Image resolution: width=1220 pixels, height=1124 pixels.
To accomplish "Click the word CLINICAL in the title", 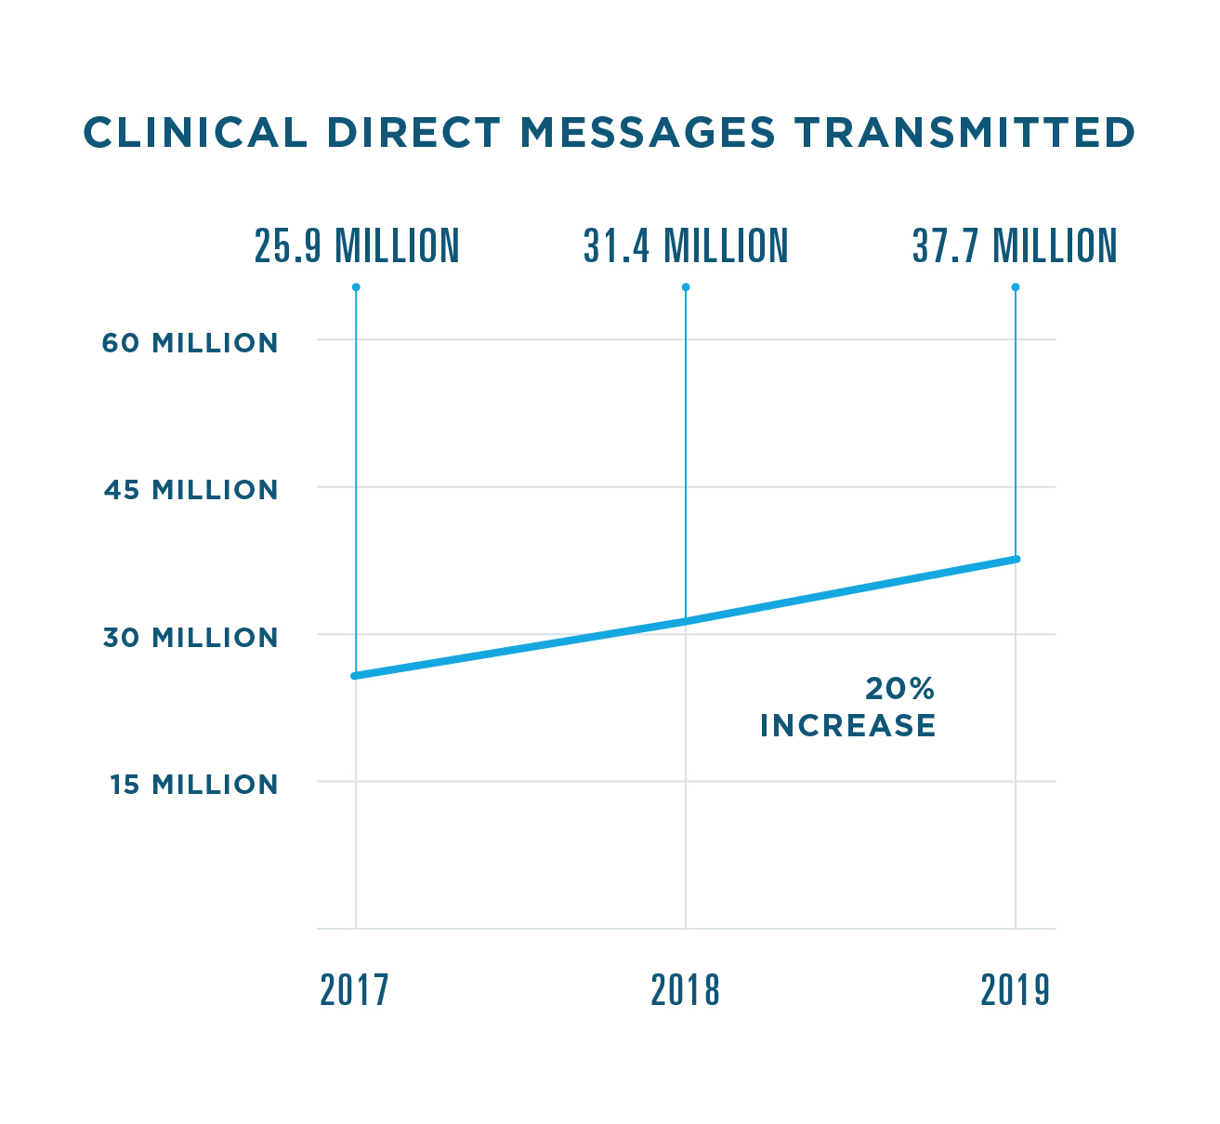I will click(195, 133).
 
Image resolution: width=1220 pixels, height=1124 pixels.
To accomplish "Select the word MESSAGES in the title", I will click(648, 133).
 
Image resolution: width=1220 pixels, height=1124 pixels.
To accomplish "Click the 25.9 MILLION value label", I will click(357, 246).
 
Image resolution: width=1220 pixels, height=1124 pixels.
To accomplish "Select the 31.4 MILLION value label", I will click(686, 246).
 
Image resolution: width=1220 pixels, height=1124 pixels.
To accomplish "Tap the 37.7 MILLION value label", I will click(1015, 246).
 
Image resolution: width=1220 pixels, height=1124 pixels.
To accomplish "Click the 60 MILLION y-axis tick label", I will click(190, 343).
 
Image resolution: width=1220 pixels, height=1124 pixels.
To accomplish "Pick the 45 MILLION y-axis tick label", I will click(190, 490).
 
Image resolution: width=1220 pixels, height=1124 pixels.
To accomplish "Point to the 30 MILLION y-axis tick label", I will click(190, 638).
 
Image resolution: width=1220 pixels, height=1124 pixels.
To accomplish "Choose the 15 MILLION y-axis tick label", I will click(193, 785).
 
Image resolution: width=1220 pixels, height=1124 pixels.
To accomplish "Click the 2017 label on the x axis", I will click(354, 991).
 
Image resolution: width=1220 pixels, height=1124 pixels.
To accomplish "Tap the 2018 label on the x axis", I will click(685, 991).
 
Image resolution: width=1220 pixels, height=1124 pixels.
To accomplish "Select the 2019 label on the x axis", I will click(1015, 991).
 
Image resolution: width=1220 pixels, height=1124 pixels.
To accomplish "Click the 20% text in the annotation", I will click(899, 689).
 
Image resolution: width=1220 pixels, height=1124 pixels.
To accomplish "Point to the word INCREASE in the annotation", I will click(847, 726).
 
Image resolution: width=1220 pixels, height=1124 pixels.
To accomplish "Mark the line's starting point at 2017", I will click(355, 676).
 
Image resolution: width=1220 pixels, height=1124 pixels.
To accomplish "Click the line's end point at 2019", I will click(1017, 559).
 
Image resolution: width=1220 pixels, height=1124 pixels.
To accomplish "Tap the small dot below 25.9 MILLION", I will click(356, 287).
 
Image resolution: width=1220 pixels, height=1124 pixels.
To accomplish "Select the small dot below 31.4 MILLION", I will click(686, 287).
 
